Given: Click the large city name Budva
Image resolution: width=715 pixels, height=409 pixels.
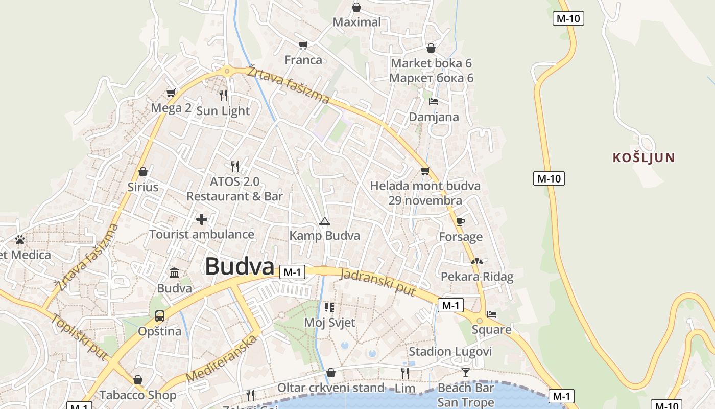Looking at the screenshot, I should (x=240, y=266).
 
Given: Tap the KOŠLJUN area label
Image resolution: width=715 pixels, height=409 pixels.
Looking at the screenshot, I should (x=643, y=157).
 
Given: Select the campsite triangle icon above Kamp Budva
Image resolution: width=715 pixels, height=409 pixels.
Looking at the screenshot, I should (x=324, y=221).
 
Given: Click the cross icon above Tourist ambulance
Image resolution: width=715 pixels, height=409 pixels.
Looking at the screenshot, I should (x=202, y=219).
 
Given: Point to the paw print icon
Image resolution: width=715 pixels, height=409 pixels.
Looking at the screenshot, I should (x=20, y=239).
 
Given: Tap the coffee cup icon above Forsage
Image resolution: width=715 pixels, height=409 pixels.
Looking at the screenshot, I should (x=460, y=221).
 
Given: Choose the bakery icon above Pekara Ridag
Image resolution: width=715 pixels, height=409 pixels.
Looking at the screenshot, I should (x=476, y=261).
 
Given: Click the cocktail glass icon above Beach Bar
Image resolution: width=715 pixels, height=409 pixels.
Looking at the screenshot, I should (x=465, y=372).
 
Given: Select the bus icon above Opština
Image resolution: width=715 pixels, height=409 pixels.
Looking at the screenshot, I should (x=160, y=316).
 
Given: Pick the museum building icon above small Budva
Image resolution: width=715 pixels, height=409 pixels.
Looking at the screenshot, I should (x=174, y=272).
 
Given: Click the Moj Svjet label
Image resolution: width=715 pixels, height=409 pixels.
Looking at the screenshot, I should (x=329, y=323).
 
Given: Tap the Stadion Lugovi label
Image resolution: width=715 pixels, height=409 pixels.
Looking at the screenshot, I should (x=450, y=352).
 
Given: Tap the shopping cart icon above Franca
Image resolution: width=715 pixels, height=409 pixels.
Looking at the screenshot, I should (x=303, y=45).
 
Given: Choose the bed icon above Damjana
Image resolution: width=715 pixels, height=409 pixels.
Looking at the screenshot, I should (x=434, y=101).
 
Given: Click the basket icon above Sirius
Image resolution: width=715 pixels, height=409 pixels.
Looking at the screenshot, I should (x=143, y=172).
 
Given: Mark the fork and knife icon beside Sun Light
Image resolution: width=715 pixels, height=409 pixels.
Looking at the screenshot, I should (x=223, y=95).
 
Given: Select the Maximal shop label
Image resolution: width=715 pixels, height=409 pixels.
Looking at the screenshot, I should (x=356, y=22).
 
